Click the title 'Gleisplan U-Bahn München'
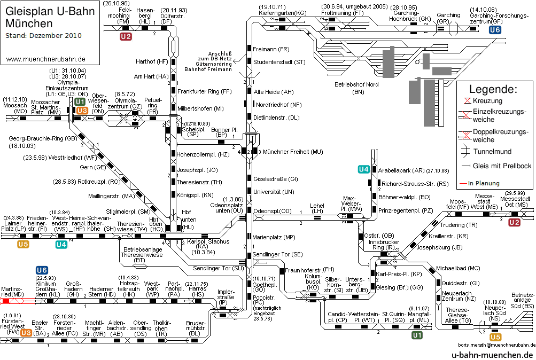(x=50, y=17)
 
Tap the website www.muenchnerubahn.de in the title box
(x=46, y=59)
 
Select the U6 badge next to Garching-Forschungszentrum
(x=495, y=30)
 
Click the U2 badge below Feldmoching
(x=126, y=36)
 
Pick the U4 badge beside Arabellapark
(x=364, y=169)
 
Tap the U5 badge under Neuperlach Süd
(x=495, y=338)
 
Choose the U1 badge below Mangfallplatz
(x=417, y=335)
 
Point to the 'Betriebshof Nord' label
(x=356, y=88)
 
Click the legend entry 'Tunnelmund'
(x=492, y=151)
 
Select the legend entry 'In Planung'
(x=484, y=183)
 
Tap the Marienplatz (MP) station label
(x=274, y=237)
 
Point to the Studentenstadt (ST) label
(x=279, y=62)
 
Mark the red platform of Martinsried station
(x=5, y=301)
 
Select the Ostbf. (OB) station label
(x=379, y=236)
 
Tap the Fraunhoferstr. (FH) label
(x=310, y=270)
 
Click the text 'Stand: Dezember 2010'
(x=43, y=36)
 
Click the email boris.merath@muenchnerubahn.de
(x=496, y=345)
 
